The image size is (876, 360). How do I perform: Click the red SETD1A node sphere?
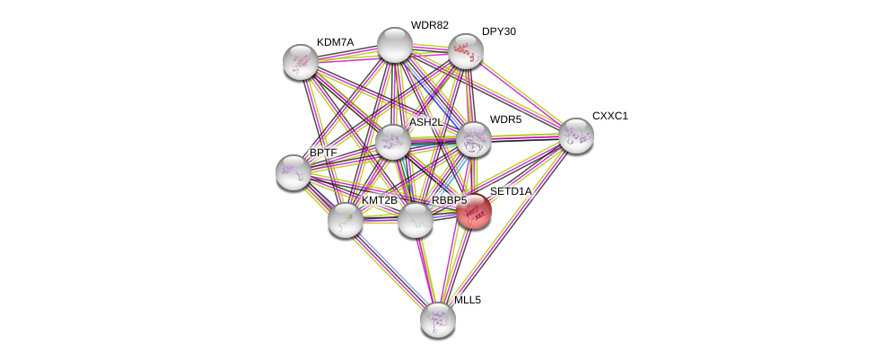(x=474, y=212)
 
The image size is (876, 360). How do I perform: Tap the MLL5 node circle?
(x=437, y=319)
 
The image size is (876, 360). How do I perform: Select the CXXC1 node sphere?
(x=575, y=136)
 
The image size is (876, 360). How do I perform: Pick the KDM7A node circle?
(x=301, y=62)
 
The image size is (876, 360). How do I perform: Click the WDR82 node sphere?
(x=394, y=45)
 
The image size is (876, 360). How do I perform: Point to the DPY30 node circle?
(x=465, y=51)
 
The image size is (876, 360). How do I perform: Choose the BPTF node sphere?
(x=293, y=171)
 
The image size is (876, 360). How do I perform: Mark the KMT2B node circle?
(x=345, y=219)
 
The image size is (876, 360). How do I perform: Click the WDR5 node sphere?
(x=473, y=139)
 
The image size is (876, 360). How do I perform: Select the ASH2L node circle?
(x=392, y=142)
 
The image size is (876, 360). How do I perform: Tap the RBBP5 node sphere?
(x=416, y=220)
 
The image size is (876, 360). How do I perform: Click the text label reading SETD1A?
(x=510, y=191)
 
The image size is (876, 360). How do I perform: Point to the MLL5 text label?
(x=467, y=300)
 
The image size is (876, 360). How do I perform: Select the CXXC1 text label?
(x=609, y=116)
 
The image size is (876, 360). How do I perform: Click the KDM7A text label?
(x=335, y=42)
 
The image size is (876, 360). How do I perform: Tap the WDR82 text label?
(x=429, y=25)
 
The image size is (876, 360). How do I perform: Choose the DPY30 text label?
(x=498, y=31)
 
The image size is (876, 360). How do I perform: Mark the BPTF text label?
(x=323, y=153)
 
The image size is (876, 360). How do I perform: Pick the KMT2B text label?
(x=379, y=200)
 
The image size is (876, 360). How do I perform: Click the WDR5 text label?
(x=505, y=119)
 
